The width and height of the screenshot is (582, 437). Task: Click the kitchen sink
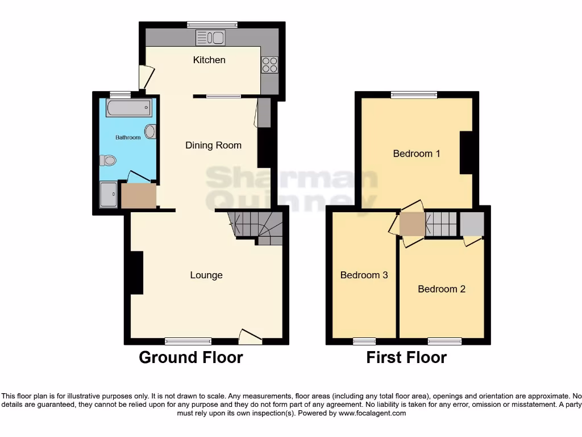211,38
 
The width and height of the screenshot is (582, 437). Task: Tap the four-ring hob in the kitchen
269,65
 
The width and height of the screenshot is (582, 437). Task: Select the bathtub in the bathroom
128,108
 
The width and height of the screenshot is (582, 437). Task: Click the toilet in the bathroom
107,160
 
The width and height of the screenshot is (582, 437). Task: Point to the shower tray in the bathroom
109,195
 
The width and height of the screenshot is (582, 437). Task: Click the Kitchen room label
209,60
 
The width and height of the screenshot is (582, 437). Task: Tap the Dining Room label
213,145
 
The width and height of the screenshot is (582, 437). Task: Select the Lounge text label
206,275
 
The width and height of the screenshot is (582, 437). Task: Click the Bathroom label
128,137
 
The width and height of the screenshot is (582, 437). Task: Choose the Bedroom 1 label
416,153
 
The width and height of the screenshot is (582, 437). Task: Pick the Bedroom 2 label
441,288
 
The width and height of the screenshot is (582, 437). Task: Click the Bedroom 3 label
364,275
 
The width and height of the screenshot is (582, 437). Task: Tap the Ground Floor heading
191,357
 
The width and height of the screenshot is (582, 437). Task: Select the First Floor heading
406,357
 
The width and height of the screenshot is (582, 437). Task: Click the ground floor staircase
257,227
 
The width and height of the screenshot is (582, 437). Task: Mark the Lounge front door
250,337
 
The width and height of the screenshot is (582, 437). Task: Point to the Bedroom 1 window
413,94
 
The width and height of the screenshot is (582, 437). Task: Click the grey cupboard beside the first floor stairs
472,224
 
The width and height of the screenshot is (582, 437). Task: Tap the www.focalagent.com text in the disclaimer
372,414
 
